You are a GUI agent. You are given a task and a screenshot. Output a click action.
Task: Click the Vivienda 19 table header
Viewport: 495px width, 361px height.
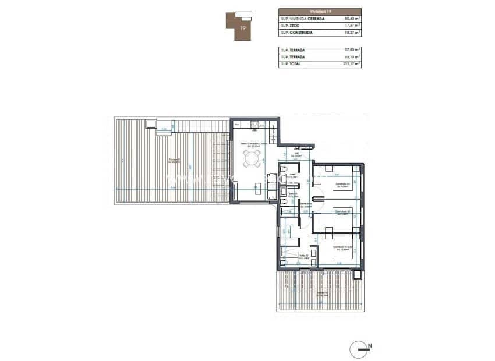point(320,11)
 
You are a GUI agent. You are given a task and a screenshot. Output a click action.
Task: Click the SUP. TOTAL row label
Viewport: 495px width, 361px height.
point(292,64)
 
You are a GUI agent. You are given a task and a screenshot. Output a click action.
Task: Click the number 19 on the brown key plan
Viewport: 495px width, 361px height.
point(242,27)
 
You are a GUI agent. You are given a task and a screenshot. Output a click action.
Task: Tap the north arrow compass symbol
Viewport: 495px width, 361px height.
point(361,349)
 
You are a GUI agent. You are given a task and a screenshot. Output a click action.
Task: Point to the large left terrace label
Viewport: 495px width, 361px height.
point(174,161)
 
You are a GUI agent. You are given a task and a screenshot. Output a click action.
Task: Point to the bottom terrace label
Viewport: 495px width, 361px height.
point(322,293)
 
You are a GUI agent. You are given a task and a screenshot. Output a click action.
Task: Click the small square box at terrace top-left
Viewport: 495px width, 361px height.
point(151,124)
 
